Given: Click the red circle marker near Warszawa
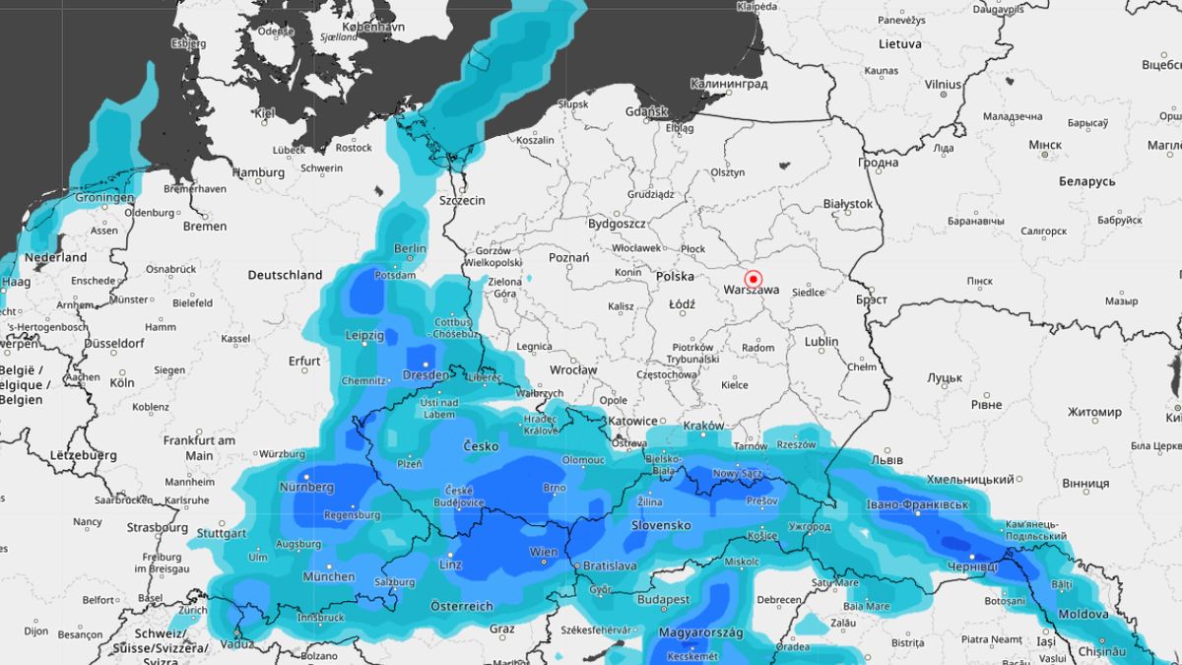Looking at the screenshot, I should click(x=755, y=279).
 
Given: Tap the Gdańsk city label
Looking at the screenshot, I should click(x=646, y=112).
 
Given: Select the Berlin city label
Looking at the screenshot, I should click(x=410, y=249).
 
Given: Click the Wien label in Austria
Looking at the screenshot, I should click(x=544, y=552).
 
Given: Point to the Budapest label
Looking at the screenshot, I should click(x=663, y=599).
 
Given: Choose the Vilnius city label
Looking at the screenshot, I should click(x=943, y=85).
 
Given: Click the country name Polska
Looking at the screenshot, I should click(x=676, y=277).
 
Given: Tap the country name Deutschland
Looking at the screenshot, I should click(x=285, y=275).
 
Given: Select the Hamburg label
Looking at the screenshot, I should click(x=258, y=172).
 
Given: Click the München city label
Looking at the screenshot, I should click(x=328, y=576).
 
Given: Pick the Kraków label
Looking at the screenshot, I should click(x=703, y=427).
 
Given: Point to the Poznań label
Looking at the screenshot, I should click(x=568, y=258).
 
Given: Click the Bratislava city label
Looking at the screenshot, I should click(x=610, y=566).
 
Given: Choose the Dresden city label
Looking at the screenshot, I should click(x=427, y=376).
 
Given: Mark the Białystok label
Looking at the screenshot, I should click(x=848, y=204).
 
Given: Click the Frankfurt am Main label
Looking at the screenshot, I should click(x=199, y=447).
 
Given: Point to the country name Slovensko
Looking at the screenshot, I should click(x=660, y=525).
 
